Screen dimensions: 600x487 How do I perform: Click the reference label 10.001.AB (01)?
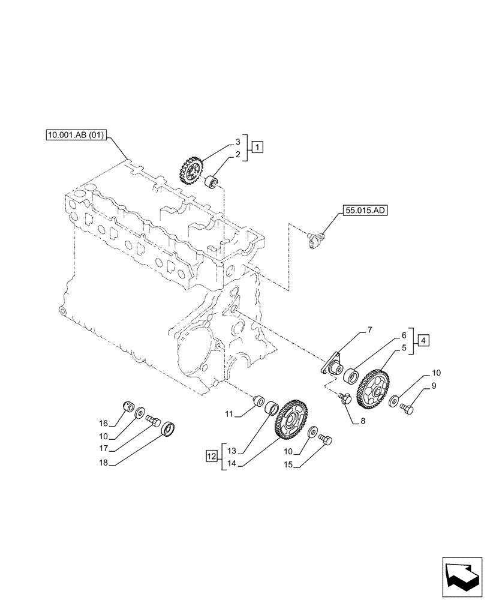pyautogui.click(x=76, y=136)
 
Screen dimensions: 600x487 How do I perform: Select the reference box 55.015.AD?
pyautogui.click(x=365, y=211)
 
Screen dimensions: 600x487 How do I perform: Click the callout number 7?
pyautogui.click(x=370, y=329)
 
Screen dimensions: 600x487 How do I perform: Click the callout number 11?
pyautogui.click(x=230, y=414)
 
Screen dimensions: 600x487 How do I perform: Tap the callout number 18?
pyautogui.click(x=104, y=463)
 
